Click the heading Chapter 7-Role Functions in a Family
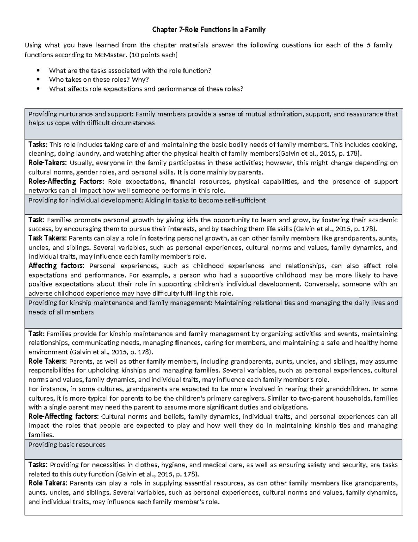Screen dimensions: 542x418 [209, 30]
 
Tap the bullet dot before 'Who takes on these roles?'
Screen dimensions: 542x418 [38, 80]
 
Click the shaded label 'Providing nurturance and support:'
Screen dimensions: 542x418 [81, 114]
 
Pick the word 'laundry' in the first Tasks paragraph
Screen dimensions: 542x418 [90, 154]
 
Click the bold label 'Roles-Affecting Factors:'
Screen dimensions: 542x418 [66, 181]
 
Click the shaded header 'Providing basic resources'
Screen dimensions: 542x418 [67, 445]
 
